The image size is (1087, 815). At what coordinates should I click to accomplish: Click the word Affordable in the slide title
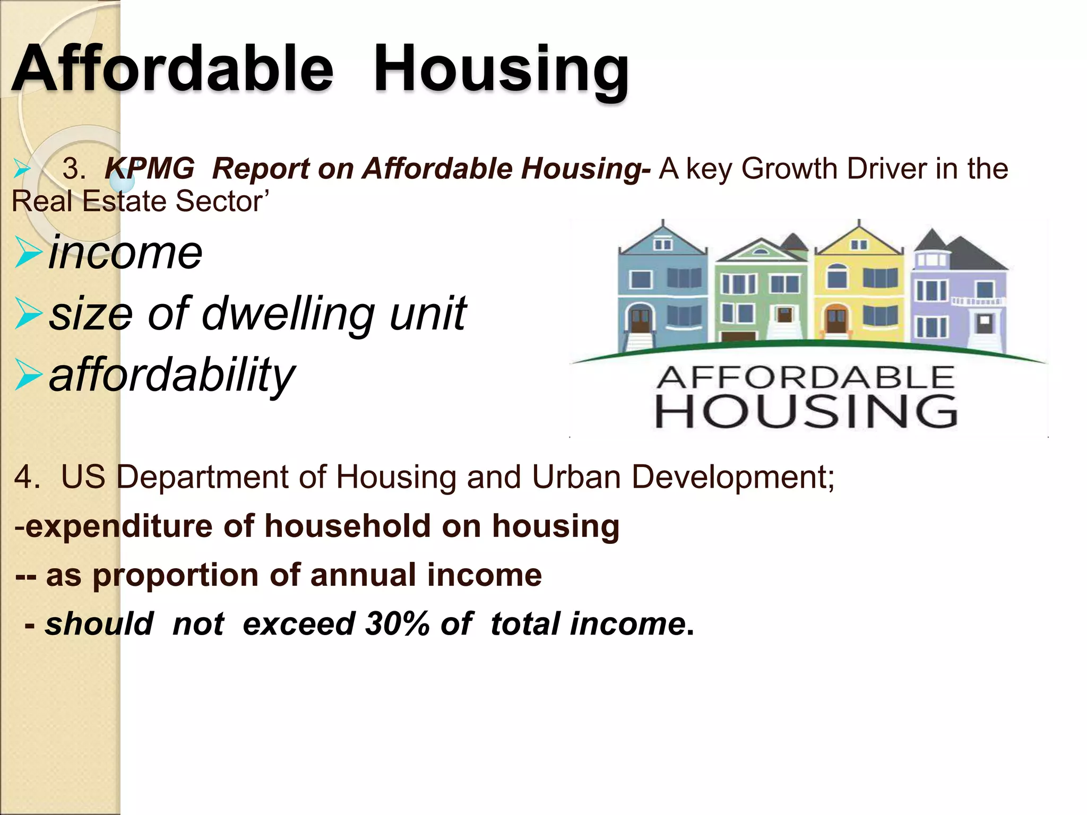(x=172, y=69)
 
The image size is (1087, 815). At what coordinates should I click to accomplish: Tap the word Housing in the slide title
(x=502, y=69)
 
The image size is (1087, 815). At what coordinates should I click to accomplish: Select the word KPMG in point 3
(x=150, y=169)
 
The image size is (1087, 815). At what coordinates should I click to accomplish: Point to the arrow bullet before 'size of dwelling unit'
(x=28, y=313)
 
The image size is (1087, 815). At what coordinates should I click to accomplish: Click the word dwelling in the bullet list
(x=289, y=313)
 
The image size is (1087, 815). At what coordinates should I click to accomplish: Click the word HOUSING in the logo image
(x=806, y=411)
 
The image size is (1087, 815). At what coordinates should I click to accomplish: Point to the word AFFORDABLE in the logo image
(x=805, y=378)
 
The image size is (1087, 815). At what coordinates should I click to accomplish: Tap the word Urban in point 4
(x=576, y=476)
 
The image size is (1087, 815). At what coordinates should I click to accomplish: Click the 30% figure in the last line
(x=397, y=623)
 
